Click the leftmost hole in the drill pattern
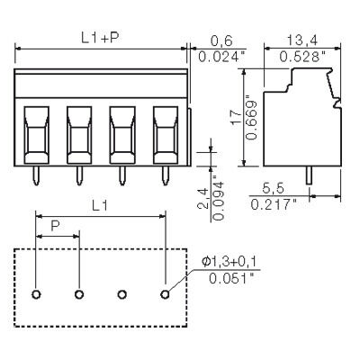click(x=36, y=294)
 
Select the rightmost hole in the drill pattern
click(x=166, y=294)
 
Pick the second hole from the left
click(x=79, y=294)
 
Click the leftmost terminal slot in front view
click(x=36, y=133)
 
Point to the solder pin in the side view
click(x=309, y=175)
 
